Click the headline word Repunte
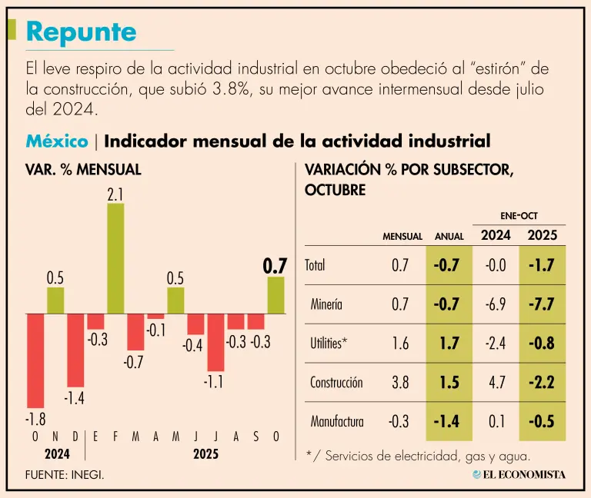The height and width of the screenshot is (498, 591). [81, 32]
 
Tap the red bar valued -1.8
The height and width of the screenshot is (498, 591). [35, 360]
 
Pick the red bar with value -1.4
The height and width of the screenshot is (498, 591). [75, 349]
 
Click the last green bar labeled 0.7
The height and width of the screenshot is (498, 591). [275, 295]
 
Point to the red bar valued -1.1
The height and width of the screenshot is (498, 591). [215, 342]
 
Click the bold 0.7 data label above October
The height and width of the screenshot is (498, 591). [275, 266]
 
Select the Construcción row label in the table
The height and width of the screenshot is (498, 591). [336, 383]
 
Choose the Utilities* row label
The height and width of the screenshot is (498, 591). [327, 344]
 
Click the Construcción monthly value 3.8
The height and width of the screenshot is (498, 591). [399, 383]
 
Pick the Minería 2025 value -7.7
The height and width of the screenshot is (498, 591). [543, 304]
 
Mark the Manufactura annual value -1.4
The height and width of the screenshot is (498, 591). [447, 421]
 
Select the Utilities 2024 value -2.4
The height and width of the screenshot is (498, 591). [496, 344]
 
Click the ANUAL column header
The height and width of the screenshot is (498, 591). [449, 237]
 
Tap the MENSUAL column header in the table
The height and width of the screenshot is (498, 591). [402, 237]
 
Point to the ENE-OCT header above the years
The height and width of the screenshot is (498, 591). [519, 217]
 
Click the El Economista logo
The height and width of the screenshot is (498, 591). [519, 474]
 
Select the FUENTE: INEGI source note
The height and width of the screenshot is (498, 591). [65, 475]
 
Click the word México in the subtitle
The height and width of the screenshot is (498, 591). [56, 141]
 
